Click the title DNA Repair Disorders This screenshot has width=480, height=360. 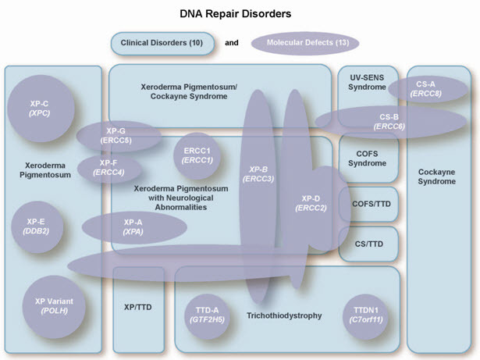240,13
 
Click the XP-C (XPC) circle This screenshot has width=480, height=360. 39,109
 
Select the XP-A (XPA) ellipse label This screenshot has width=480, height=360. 133,227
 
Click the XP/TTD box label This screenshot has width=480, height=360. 137,307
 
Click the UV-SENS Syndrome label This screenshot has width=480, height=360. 361,82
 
